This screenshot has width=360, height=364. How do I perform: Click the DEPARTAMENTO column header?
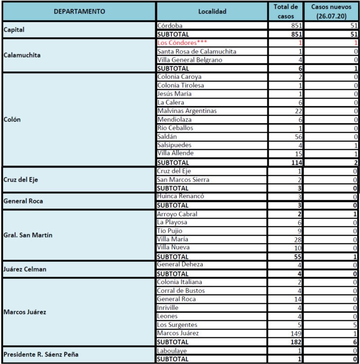[x=80, y=11]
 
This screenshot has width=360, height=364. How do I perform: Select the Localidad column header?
[x=212, y=11]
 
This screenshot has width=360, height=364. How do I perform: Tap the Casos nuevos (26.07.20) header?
[x=330, y=11]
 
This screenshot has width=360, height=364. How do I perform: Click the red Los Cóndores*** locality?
[x=182, y=43]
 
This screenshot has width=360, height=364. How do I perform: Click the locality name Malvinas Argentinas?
[x=187, y=111]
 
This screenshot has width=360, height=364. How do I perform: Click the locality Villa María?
[x=173, y=239]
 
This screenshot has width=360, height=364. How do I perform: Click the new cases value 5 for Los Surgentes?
[x=355, y=324]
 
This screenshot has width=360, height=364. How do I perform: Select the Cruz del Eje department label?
[x=21, y=179]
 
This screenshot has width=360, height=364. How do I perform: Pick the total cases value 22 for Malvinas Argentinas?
[x=296, y=111]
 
